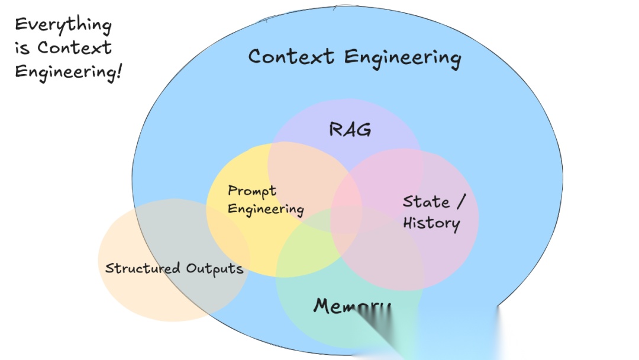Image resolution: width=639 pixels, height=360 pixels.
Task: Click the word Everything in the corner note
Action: (x=63, y=26)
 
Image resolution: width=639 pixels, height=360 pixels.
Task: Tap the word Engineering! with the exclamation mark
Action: (x=68, y=72)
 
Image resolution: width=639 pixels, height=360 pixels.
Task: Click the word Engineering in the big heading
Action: (x=402, y=58)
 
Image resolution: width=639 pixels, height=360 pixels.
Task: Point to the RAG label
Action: (x=350, y=129)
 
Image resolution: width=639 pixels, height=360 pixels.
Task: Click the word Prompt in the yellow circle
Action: (x=252, y=191)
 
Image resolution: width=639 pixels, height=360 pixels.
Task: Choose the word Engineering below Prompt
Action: (x=266, y=209)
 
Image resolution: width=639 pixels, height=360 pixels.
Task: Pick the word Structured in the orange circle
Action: (x=143, y=268)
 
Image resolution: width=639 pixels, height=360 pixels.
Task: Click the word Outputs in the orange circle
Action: (x=215, y=268)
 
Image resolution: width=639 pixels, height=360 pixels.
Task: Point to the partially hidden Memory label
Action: (x=351, y=306)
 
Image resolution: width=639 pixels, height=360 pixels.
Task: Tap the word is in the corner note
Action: (x=22, y=48)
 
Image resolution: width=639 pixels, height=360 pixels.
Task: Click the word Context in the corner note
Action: (x=75, y=47)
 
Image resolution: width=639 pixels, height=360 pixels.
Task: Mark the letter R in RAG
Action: (x=335, y=129)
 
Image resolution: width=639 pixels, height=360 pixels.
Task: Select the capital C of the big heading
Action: (x=255, y=57)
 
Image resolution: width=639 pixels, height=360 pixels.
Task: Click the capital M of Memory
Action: (x=323, y=306)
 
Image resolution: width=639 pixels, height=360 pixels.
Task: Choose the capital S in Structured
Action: (x=109, y=268)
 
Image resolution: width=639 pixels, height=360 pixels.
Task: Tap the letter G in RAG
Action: (x=364, y=130)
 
